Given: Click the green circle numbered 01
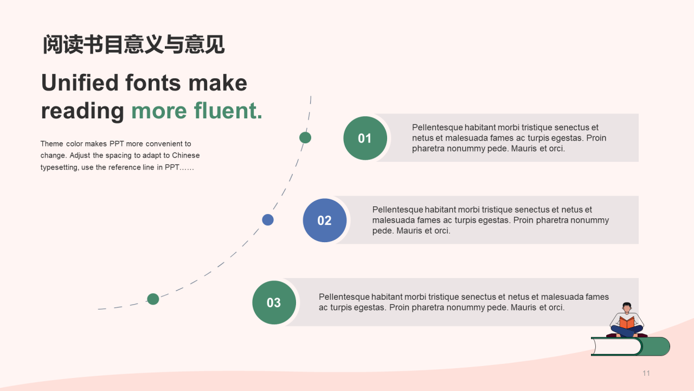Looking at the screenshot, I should coord(365,138).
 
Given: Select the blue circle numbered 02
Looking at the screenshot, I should coord(324,220).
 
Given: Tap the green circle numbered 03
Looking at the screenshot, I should coord(274,302).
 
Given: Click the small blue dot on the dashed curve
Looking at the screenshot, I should coord(268,219).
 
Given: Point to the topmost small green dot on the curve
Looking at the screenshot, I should coord(305,137).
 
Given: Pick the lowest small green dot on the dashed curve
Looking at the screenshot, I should coord(153,299).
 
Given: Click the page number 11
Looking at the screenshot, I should coord(646,373).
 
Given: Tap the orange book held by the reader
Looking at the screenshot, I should coord(627,323).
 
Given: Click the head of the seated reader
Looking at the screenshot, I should coord(627,307).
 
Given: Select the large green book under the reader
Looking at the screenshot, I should coord(630,346).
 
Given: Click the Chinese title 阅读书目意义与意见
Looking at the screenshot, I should coord(133,45).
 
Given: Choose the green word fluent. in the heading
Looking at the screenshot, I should coord(228,111).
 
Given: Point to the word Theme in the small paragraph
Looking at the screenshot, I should coord(52,144).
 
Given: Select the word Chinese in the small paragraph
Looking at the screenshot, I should coord(186,155).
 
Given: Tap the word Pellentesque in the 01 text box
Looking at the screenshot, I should coord(437,128).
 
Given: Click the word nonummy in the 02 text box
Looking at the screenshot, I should coord(589,220).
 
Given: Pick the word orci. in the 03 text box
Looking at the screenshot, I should coord(554,307).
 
